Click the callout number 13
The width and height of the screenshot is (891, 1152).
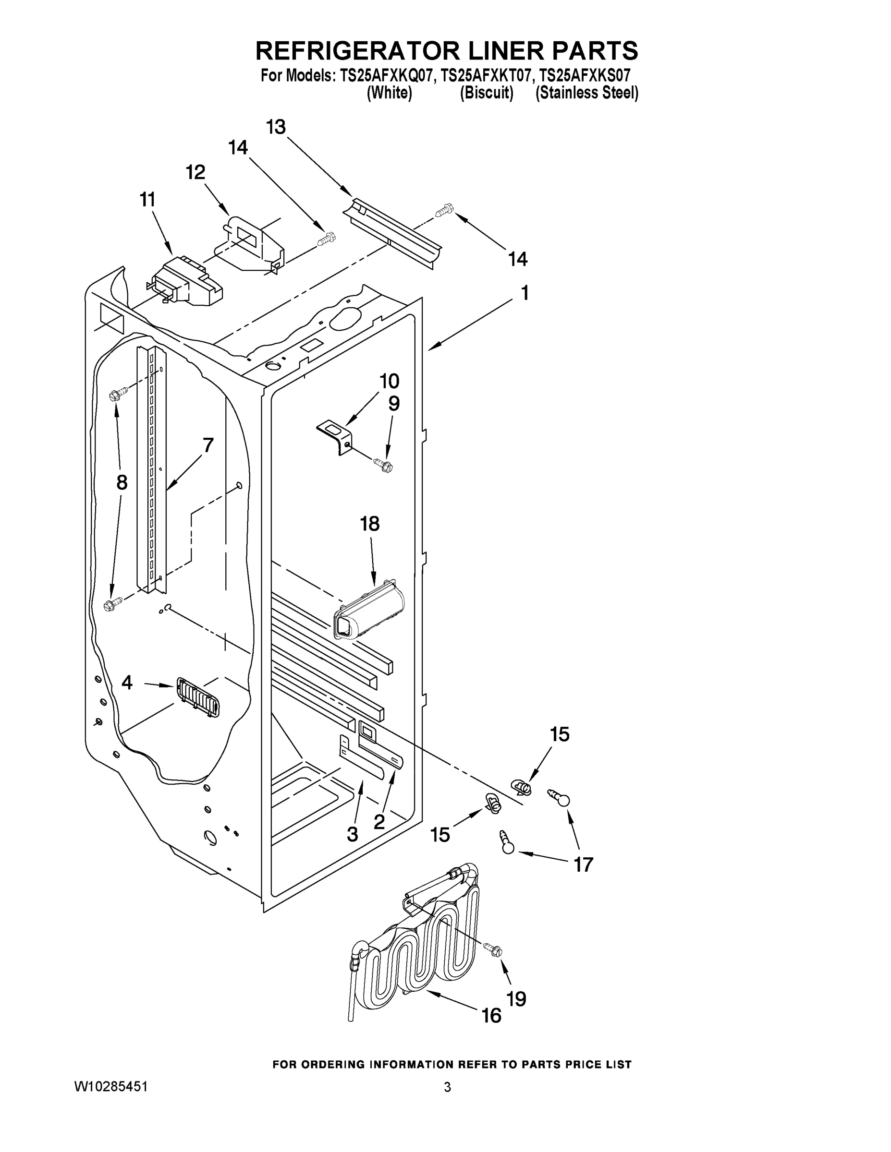(x=276, y=127)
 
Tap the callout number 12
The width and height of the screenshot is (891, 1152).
(x=195, y=172)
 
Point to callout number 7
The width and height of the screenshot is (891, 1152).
(x=208, y=446)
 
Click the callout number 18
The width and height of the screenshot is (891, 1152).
(x=369, y=524)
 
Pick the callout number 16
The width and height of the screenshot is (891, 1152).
(x=492, y=1015)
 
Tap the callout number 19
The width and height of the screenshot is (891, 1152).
(x=517, y=998)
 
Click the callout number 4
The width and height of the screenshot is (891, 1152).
(x=127, y=683)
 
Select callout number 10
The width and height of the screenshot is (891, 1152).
(x=390, y=381)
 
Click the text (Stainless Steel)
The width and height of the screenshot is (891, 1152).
(x=586, y=94)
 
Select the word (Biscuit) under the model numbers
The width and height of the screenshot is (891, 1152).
(x=486, y=94)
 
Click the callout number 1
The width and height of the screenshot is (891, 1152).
(x=525, y=293)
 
